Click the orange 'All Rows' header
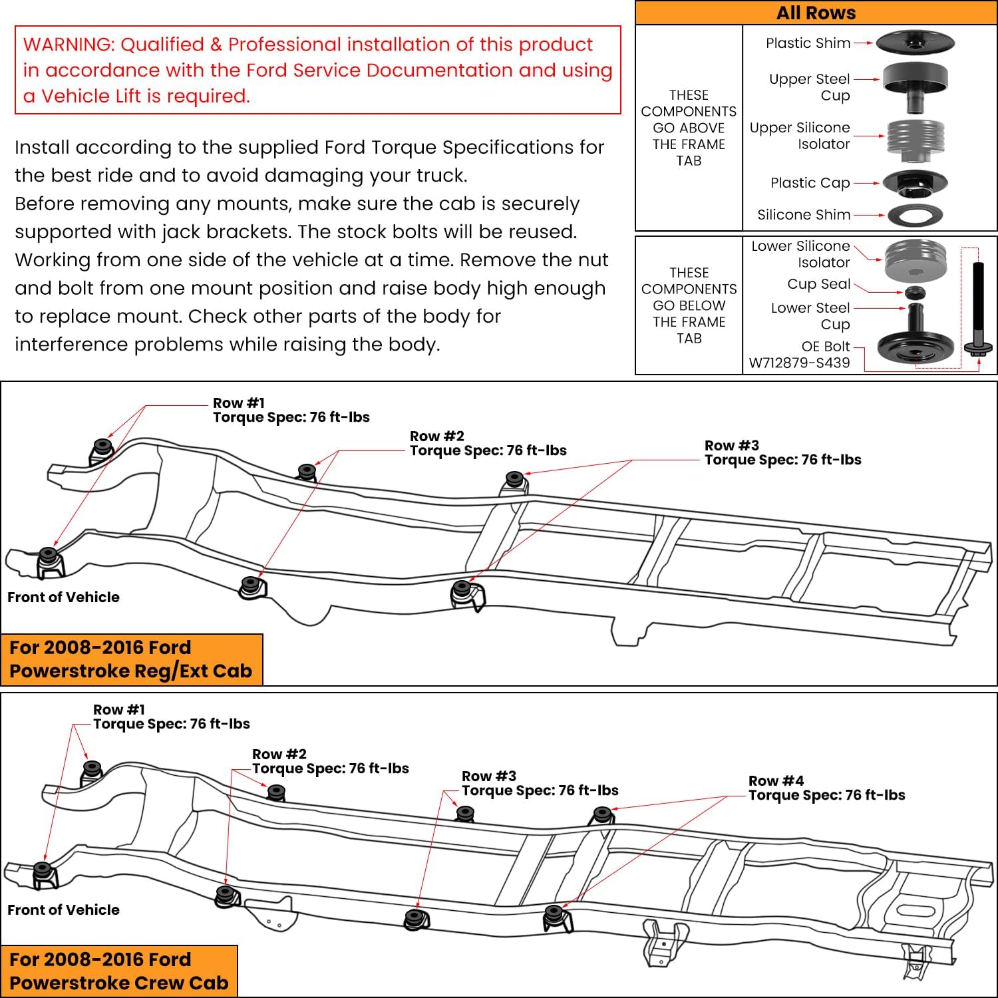pos(816,13)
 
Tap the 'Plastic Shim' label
pos(808,43)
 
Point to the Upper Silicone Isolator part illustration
pos(915,140)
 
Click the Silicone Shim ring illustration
pos(916,215)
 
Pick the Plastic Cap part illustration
pos(915,182)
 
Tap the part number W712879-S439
pos(799,363)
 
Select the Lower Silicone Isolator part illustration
pos(915,260)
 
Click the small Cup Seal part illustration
pos(915,292)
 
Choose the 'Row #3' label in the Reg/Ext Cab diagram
pos(732,446)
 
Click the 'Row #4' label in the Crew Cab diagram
pos(776,781)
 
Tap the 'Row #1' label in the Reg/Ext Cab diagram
pos(239,403)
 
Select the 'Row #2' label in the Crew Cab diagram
pos(279,754)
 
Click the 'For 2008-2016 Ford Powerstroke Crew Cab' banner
pos(119,971)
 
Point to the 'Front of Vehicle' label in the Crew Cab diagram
pos(64,910)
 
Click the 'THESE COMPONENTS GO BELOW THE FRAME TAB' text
pos(689,305)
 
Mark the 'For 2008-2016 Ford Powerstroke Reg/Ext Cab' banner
pos(131,659)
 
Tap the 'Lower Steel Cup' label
pos(810,316)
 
